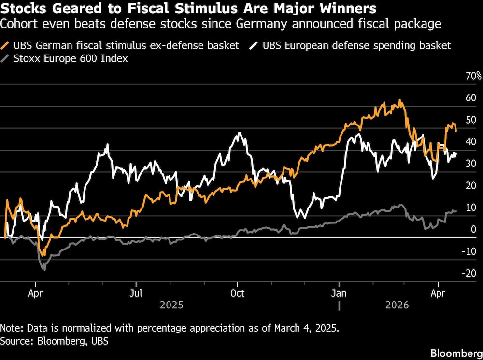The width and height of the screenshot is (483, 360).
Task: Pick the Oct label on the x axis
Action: click(238, 293)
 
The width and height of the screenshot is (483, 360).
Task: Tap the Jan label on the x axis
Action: click(339, 293)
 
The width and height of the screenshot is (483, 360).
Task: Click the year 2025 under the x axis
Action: click(171, 305)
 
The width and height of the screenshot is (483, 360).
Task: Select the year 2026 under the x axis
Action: click(397, 305)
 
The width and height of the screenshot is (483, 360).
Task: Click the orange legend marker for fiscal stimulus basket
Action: click(6, 46)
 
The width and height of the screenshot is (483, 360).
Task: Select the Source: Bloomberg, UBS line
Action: click(55, 341)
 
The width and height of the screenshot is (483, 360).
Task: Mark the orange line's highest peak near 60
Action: click(399, 100)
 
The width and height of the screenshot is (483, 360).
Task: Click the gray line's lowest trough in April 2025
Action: click(44, 269)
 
